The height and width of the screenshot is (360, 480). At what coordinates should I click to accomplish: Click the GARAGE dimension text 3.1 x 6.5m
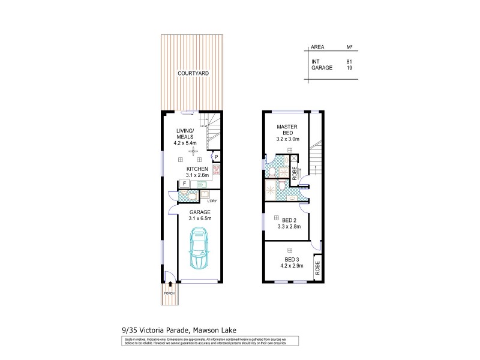[x=200, y=218]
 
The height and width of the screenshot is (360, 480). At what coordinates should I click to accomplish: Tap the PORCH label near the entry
[x=170, y=293]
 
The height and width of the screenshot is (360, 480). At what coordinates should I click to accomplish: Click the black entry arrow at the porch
[x=171, y=284]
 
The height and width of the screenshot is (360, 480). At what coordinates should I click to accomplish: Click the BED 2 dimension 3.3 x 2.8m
[x=290, y=227]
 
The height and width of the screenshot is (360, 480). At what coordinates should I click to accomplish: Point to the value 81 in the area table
[x=349, y=61]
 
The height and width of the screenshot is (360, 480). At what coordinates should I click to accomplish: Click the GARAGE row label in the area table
[x=321, y=68]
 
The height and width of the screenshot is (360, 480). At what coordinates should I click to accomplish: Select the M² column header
[x=349, y=47]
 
